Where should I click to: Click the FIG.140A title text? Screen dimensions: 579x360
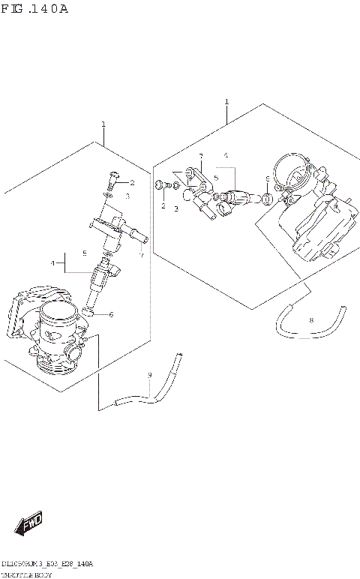coord(35,9)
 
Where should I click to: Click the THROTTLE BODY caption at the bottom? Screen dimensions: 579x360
coord(31,572)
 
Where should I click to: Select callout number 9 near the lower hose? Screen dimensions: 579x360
coord(149,375)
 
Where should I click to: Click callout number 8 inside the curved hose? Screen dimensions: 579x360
coord(311,320)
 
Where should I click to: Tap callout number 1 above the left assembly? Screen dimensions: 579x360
coord(103,124)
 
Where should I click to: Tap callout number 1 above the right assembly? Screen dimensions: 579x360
coord(226,101)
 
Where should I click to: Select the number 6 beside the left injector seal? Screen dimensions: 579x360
coord(111,314)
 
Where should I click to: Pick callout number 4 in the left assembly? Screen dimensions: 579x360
coord(53,263)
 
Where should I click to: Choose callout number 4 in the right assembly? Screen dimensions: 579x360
coord(225,155)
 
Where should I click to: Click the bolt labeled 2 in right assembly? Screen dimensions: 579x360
coord(160,184)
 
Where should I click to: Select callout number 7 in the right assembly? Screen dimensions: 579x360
coord(200,156)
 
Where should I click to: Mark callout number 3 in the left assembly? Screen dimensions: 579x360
coord(127,196)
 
